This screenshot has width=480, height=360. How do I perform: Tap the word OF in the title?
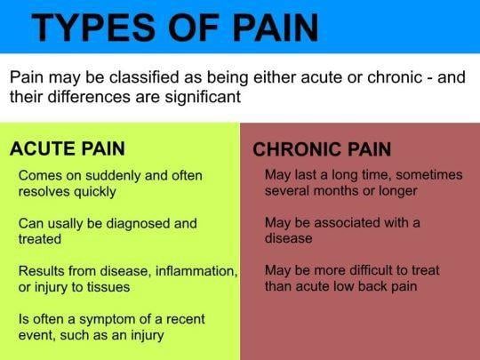tap(194, 28)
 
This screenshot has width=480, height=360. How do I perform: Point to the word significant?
tap(203, 97)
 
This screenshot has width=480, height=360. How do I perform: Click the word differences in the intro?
tap(90, 97)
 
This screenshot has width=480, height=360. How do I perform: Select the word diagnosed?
tap(138, 224)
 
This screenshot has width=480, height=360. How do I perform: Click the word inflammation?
tap(196, 271)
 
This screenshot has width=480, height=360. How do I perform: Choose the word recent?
tap(186, 319)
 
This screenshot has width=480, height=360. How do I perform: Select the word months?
tap(336, 191)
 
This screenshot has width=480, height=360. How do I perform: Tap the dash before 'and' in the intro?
tap(430, 77)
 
